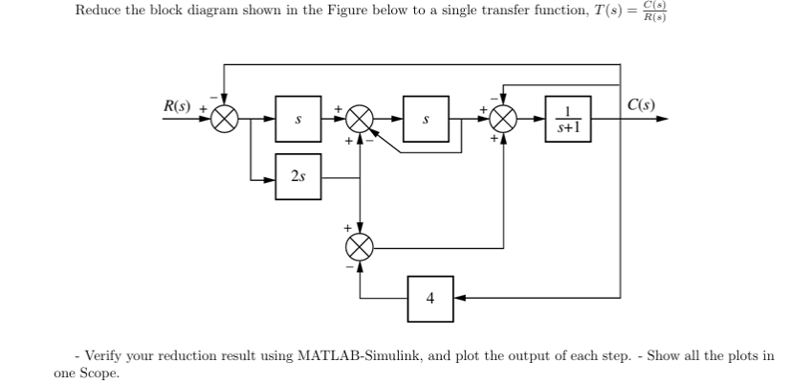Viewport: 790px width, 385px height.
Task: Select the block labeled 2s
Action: click(x=298, y=177)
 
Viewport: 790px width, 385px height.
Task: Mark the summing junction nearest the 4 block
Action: click(x=361, y=247)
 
